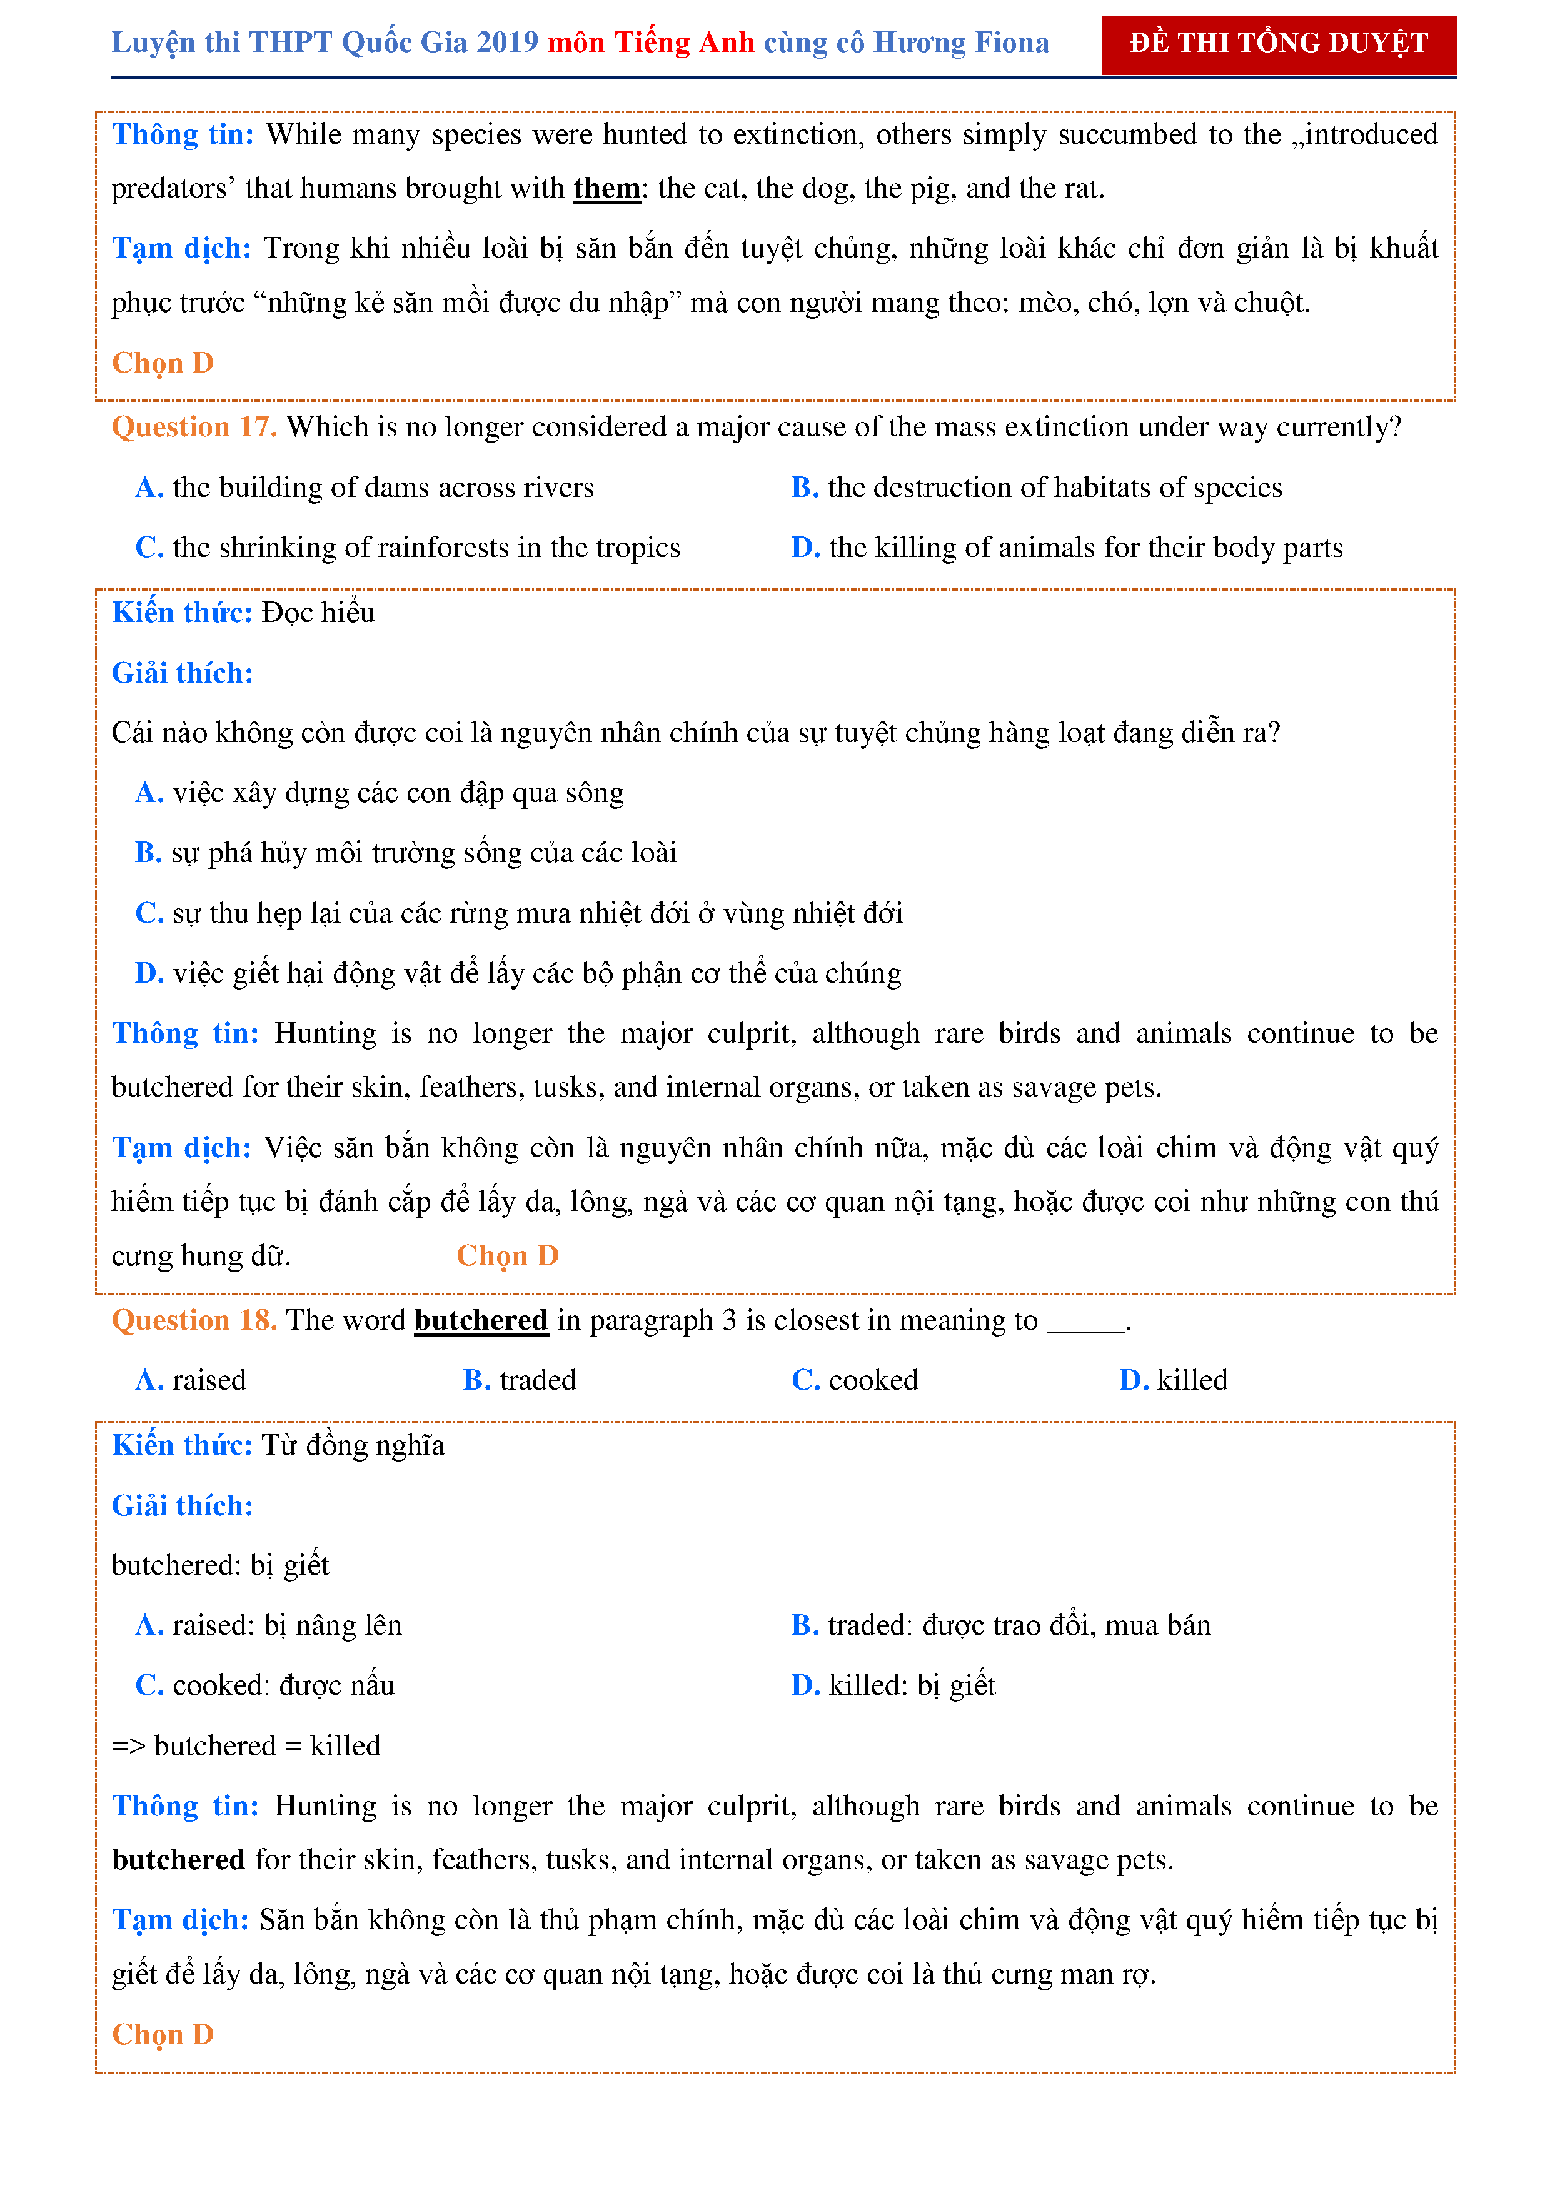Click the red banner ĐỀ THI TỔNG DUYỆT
pyautogui.click(x=1278, y=44)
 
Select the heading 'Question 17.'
pyautogui.click(x=194, y=427)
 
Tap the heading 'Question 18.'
pyautogui.click(x=194, y=1320)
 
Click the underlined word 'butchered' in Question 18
pyautogui.click(x=480, y=1320)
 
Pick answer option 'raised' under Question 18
pyautogui.click(x=208, y=1380)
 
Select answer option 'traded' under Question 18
pyautogui.click(x=536, y=1380)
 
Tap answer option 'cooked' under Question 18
pyautogui.click(x=873, y=1380)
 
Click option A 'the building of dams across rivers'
pyautogui.click(x=382, y=488)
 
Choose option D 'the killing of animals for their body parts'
pyautogui.click(x=1085, y=548)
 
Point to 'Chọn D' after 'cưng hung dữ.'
pyautogui.click(x=507, y=1256)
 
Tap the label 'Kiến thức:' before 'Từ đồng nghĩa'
pyautogui.click(x=181, y=1446)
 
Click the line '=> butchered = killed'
pyautogui.click(x=246, y=1746)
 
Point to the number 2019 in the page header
pyautogui.click(x=507, y=43)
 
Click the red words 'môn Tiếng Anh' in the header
pyautogui.click(x=650, y=43)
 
